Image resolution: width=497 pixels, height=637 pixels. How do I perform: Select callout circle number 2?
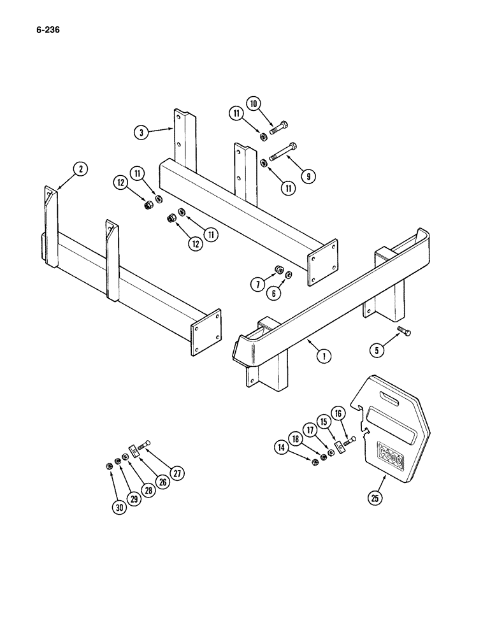pyautogui.click(x=79, y=169)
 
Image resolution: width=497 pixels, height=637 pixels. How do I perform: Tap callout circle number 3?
pyautogui.click(x=141, y=132)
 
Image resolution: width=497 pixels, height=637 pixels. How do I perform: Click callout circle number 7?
pyautogui.click(x=257, y=285)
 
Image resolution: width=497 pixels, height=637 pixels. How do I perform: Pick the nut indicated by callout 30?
pyautogui.click(x=108, y=466)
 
